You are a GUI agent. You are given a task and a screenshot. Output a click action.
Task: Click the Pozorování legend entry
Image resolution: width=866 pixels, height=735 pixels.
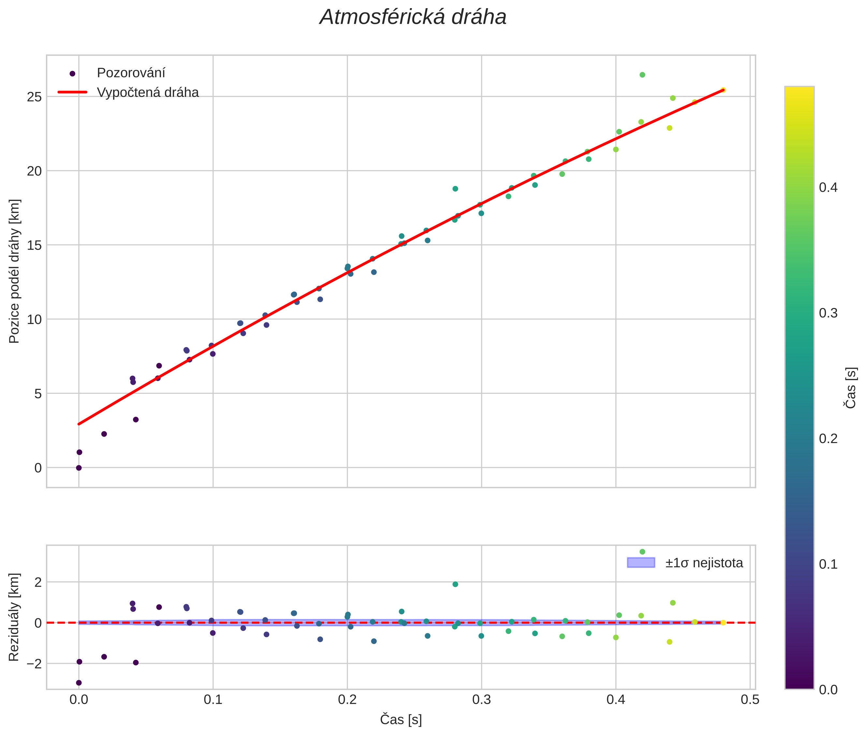tap(131, 73)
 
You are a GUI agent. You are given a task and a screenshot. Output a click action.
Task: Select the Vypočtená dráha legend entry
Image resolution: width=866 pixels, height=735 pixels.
tap(147, 93)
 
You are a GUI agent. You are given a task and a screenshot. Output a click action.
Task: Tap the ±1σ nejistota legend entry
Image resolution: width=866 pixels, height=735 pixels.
tap(704, 563)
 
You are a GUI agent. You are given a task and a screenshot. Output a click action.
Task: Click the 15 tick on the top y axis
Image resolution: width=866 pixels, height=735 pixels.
tap(35, 245)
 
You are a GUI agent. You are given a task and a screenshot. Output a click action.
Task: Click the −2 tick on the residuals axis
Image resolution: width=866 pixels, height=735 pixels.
tap(32, 663)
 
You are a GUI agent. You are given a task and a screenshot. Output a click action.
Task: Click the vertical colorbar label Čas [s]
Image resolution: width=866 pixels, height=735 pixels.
tap(851, 388)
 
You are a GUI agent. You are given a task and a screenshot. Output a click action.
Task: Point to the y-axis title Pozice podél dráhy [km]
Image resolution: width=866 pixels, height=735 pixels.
tap(15, 271)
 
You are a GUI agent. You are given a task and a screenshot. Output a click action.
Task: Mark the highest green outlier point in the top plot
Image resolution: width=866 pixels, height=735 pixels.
tap(642, 75)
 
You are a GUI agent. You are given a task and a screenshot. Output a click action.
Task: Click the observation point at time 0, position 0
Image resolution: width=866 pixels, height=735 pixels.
tap(79, 468)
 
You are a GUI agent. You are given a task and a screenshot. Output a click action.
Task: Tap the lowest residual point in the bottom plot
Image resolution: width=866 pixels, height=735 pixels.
tap(79, 683)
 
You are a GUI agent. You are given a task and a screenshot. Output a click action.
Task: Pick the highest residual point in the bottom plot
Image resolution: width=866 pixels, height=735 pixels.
tap(642, 552)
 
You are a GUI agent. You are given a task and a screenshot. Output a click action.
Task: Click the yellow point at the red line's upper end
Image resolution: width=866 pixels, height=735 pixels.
tap(723, 90)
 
